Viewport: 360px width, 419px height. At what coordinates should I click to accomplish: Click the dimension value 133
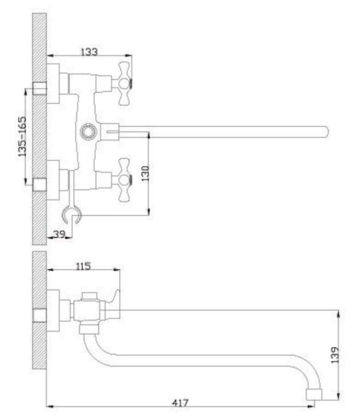(x=89, y=51)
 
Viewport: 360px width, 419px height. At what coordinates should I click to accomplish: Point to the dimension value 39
(x=60, y=234)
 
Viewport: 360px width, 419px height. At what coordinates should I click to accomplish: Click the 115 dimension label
(x=83, y=266)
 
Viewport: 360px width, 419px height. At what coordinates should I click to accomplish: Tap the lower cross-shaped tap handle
(x=124, y=180)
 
